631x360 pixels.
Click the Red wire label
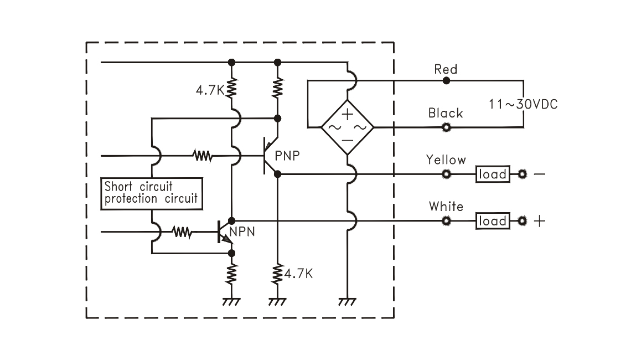(x=446, y=69)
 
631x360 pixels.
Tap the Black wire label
(x=446, y=113)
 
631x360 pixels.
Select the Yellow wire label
(x=446, y=160)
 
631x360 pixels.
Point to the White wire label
(x=446, y=207)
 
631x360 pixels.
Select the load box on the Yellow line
(x=492, y=174)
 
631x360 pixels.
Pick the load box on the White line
(x=492, y=222)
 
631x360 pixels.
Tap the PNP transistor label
(x=287, y=155)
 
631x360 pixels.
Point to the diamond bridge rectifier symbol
(x=348, y=127)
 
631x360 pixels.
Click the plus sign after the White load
(x=539, y=222)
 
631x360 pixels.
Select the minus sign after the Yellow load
(x=539, y=174)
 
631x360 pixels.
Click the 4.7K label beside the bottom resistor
(x=299, y=273)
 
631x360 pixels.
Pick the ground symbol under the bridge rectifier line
(x=347, y=302)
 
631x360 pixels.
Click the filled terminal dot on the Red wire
(x=446, y=80)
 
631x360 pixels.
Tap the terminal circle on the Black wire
(x=446, y=127)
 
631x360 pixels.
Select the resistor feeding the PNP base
(x=203, y=156)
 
